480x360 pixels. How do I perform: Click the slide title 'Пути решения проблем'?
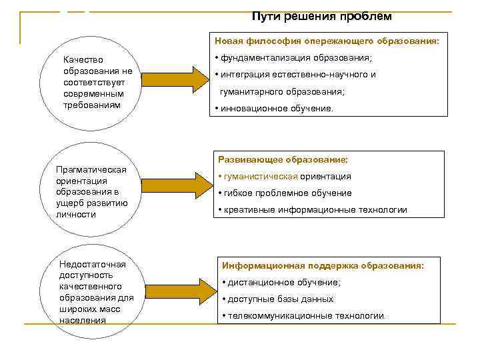click(322, 15)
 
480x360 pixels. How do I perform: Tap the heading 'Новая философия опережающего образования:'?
click(327, 41)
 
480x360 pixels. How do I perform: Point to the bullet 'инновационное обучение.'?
click(274, 108)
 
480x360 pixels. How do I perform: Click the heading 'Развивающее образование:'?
click(283, 160)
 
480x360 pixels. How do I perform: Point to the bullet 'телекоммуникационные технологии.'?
click(306, 316)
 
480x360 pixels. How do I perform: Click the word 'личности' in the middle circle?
click(77, 214)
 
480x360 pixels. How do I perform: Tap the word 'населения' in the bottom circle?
click(82, 320)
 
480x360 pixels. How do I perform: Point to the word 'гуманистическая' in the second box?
click(260, 177)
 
